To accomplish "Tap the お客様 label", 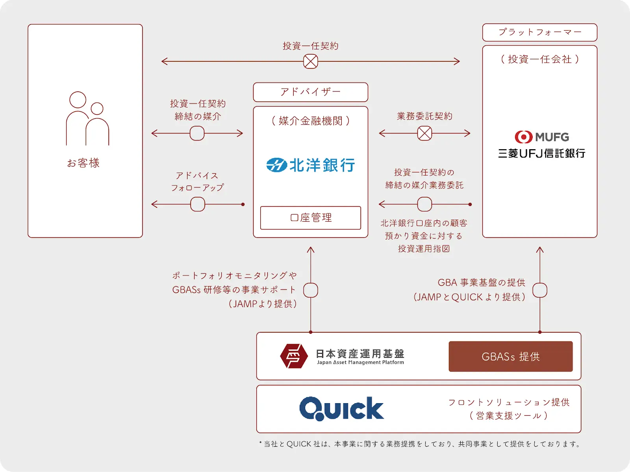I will [83, 163].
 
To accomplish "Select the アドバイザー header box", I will [310, 92].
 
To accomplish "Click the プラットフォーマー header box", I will [539, 32].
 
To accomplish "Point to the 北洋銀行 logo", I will [310, 165].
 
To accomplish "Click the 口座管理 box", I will [310, 218].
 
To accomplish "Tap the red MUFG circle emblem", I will [523, 137].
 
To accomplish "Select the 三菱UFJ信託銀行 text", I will [541, 154].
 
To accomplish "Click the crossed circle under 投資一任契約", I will [310, 61].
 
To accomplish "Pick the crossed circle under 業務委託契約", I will [424, 133].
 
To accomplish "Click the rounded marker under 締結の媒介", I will [197, 133].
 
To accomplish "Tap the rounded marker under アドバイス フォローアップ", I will [197, 204].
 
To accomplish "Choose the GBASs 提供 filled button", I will [510, 357].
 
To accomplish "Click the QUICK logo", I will [341, 409].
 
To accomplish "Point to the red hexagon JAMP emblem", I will [294, 356].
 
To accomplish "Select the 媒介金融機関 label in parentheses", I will [310, 121].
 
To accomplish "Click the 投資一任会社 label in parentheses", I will [539, 59].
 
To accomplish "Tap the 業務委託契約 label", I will [424, 116].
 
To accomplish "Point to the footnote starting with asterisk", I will [420, 444].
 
